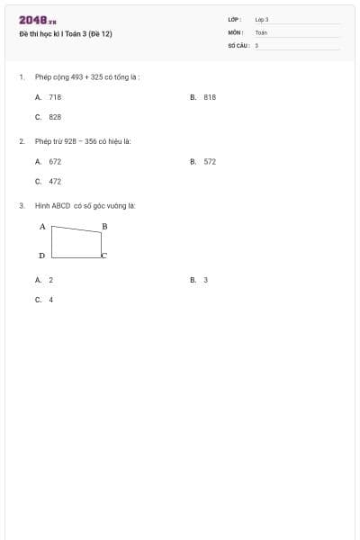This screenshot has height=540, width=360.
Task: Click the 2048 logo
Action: coord(38,19)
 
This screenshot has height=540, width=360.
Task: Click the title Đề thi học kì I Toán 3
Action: coord(66,34)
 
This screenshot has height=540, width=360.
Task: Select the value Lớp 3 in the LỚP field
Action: coord(262,19)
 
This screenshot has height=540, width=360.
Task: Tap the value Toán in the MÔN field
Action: coord(261,31)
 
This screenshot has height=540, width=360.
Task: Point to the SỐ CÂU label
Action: coord(238,44)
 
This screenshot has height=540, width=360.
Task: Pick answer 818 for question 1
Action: coord(210,96)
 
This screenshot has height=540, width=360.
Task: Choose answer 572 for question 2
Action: coord(210,161)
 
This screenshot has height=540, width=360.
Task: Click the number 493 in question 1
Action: coord(76,77)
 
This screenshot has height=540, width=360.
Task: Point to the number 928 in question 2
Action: coord(71,141)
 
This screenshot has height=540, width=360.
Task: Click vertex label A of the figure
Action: coord(42,227)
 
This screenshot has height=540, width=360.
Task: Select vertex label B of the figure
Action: coord(104,226)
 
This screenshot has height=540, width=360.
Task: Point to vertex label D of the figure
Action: coord(42,256)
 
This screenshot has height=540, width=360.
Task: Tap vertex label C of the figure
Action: coord(103,256)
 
